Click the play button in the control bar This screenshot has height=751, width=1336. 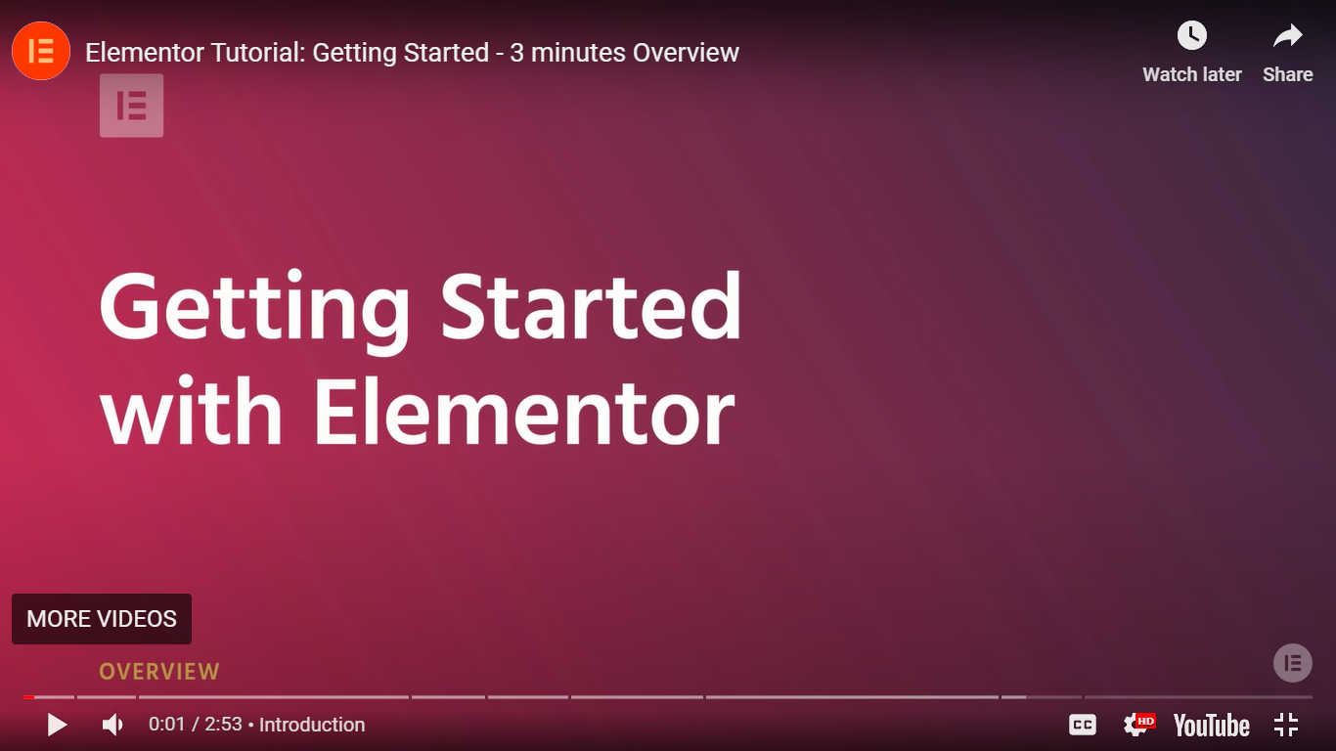point(57,725)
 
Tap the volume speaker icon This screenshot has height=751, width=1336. point(112,725)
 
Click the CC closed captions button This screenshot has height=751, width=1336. point(1083,725)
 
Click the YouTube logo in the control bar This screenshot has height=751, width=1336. point(1212,726)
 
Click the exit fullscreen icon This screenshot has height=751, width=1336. point(1286,725)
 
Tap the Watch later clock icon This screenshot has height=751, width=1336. point(1191,36)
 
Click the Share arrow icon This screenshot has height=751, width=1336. point(1288,36)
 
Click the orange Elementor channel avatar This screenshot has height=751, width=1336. point(41,51)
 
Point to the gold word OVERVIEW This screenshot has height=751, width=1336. point(159,672)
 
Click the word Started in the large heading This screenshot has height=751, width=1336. point(591,306)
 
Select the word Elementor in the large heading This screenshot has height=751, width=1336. point(524,413)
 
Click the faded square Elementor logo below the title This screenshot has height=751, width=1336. point(131,106)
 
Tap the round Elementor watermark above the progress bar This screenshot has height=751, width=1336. point(1292,663)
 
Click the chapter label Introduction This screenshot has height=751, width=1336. point(312,725)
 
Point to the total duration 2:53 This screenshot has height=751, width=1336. point(223,725)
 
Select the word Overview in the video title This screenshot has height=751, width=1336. point(686,53)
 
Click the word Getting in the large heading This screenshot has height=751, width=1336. point(254,310)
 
